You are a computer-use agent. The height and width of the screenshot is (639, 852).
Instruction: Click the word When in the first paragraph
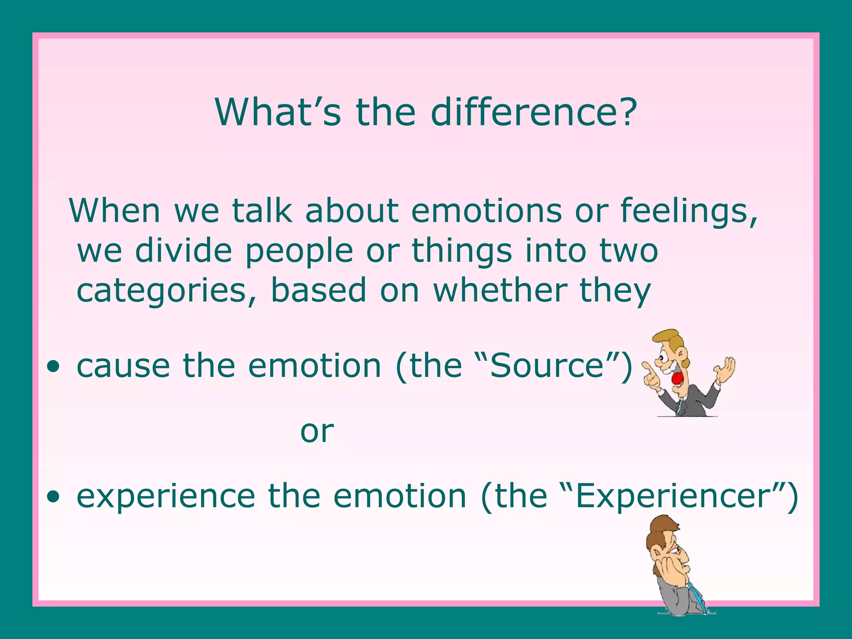(x=114, y=211)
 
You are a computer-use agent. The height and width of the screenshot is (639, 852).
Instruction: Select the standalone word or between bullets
(x=317, y=431)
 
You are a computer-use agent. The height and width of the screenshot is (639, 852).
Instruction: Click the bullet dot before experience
(x=53, y=497)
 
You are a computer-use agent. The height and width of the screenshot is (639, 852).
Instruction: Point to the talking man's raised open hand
(x=726, y=369)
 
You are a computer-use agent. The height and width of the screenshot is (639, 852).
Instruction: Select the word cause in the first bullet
(x=123, y=366)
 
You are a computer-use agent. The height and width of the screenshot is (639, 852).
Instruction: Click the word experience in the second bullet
(x=166, y=497)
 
